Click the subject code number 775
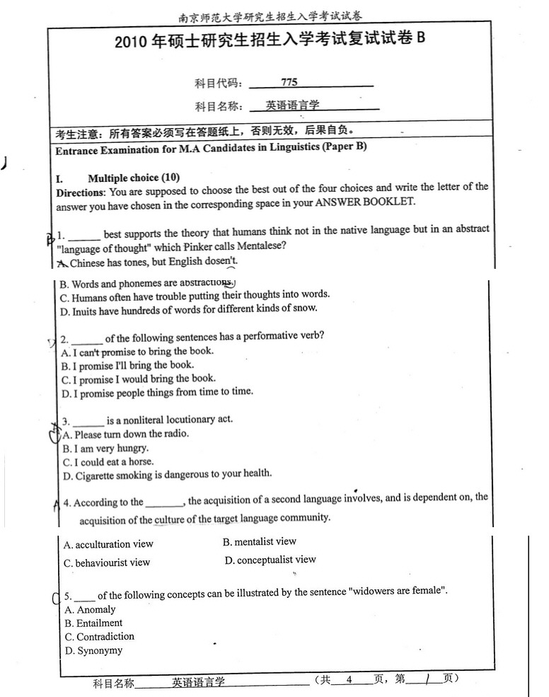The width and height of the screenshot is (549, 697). (x=289, y=83)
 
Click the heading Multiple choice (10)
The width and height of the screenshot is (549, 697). (x=134, y=177)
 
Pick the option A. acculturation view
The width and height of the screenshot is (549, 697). (x=108, y=544)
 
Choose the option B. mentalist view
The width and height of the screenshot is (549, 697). (x=260, y=541)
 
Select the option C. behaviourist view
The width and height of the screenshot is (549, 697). (x=107, y=563)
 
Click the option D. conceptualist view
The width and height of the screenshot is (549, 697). (x=270, y=560)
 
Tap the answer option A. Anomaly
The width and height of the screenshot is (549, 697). (x=90, y=609)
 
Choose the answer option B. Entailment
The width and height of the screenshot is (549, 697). (x=93, y=623)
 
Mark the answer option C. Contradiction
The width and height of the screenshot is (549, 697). (x=99, y=636)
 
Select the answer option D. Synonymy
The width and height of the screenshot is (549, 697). (x=93, y=650)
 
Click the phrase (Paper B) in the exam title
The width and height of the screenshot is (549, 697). (x=344, y=147)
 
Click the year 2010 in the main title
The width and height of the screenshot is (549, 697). (x=131, y=42)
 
